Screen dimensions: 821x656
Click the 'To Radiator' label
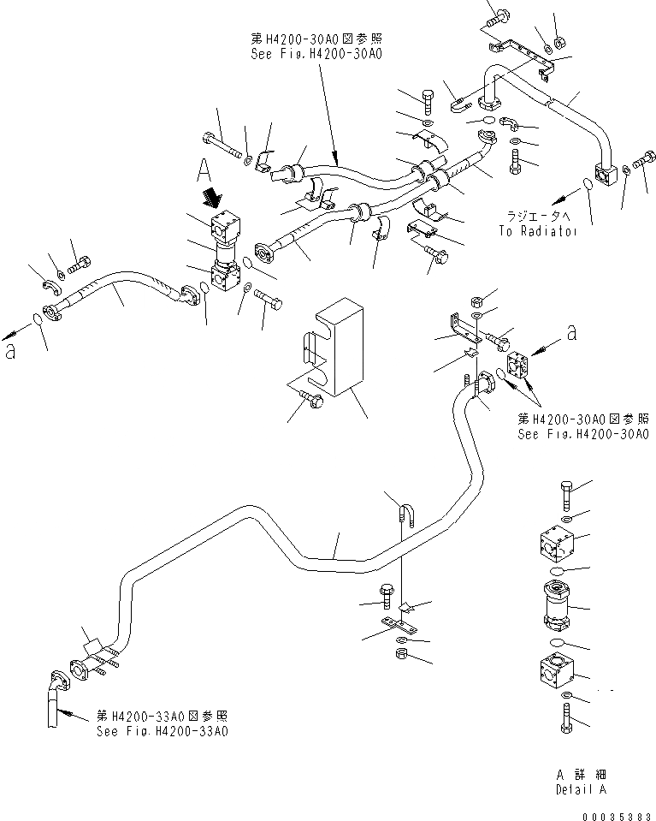click(x=535, y=231)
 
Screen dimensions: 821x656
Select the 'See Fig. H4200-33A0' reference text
click(x=163, y=731)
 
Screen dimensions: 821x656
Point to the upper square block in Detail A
click(x=555, y=543)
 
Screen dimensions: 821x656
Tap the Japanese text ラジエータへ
click(x=535, y=218)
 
